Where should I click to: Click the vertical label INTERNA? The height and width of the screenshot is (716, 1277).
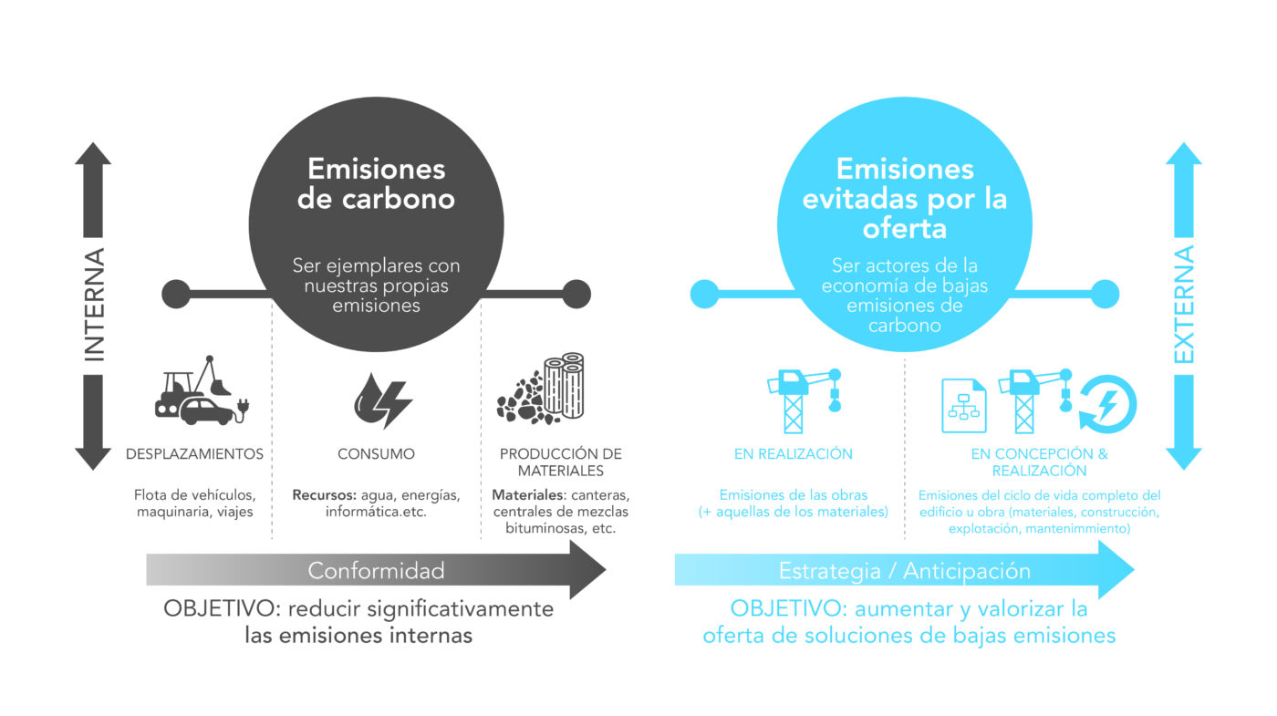click(95, 305)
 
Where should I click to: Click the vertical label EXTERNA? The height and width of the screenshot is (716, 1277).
click(1184, 305)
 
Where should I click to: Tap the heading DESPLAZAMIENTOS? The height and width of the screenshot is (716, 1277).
click(194, 454)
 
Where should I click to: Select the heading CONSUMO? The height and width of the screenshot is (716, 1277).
click(376, 454)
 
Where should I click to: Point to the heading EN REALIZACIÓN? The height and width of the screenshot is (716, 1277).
click(793, 454)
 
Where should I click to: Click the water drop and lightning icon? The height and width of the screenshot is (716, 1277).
click(382, 400)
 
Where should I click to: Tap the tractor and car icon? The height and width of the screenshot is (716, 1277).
click(202, 390)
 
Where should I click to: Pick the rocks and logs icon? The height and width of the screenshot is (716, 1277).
click(540, 389)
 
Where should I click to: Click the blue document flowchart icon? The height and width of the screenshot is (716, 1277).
click(963, 405)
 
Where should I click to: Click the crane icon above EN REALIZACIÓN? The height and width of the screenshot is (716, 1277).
click(805, 400)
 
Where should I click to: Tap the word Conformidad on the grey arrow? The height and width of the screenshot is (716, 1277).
click(376, 571)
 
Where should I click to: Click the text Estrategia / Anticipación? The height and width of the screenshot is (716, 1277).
click(905, 571)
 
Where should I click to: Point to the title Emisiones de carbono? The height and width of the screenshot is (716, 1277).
click(376, 183)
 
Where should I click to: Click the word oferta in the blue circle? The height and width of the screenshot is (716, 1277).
click(905, 229)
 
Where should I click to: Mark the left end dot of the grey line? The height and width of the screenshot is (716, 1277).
click(176, 294)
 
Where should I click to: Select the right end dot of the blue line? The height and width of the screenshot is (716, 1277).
click(1105, 294)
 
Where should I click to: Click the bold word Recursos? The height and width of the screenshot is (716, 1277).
click(325, 494)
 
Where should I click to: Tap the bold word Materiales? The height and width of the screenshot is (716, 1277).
click(528, 494)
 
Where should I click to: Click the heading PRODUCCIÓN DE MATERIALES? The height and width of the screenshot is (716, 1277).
click(560, 462)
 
